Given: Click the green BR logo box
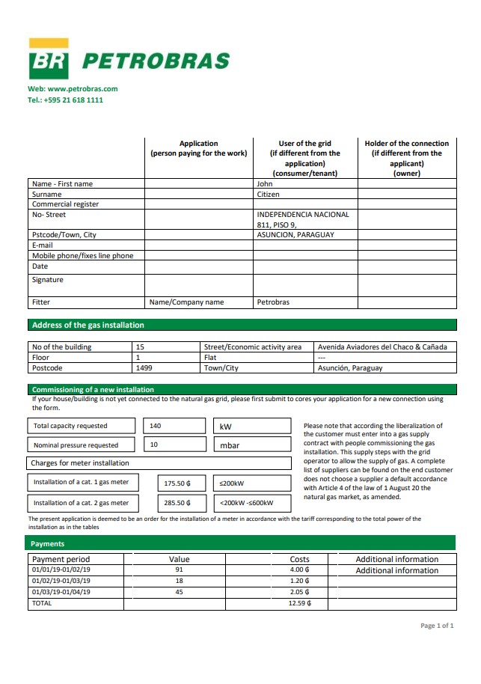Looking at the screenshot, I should pos(49,60).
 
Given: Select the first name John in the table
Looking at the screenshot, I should pos(265,183).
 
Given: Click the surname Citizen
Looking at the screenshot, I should pos(269,194).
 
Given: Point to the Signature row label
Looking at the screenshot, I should pos(48,280).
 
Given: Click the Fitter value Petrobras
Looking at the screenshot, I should pos(273,302).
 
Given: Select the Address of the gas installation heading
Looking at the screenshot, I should pos(88,325).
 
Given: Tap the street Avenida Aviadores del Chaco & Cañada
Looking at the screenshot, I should pos(382,347).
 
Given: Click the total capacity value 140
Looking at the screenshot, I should pos(156,426).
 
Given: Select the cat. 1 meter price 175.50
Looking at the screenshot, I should pos(177,483).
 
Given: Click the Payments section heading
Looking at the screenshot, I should pos(48,543).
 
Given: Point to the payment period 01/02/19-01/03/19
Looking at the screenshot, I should pos(61,581).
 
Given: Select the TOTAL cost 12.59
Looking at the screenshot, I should pos(299,602).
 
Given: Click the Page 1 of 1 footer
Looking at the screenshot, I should pos(437,626).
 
